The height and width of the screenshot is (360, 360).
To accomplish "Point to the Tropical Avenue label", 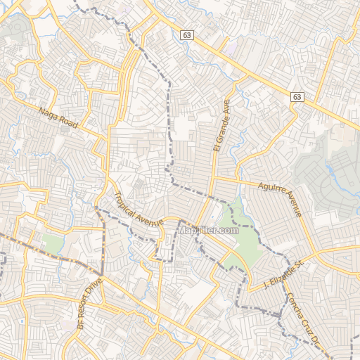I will coord(138,210).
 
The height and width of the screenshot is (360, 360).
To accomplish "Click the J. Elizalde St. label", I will coord(282,275).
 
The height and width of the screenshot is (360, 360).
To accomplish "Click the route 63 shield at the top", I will coord(186,34).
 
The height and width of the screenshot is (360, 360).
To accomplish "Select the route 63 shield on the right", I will coord(298,98).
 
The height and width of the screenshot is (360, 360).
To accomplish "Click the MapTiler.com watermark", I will coord(207,230).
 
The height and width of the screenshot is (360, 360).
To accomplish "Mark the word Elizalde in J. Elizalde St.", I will coord(283,274).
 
